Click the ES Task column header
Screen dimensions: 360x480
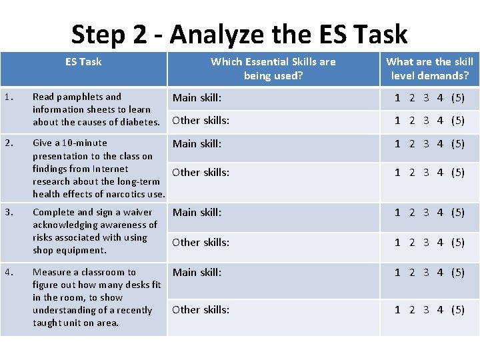(x=83, y=61)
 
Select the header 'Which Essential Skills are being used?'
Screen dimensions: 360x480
(x=273, y=68)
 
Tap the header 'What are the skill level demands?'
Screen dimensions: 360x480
(x=429, y=68)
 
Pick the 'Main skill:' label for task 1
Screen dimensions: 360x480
(x=197, y=98)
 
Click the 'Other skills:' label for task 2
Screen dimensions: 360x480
(x=201, y=173)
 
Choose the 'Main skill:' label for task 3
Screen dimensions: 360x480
(x=197, y=213)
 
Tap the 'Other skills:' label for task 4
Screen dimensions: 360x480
(x=201, y=310)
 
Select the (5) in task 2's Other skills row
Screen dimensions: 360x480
(x=457, y=173)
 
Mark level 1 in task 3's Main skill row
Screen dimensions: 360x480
(x=398, y=213)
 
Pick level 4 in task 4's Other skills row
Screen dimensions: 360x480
(x=440, y=310)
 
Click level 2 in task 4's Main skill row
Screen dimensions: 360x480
(x=412, y=272)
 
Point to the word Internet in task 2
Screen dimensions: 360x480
(x=110, y=169)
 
